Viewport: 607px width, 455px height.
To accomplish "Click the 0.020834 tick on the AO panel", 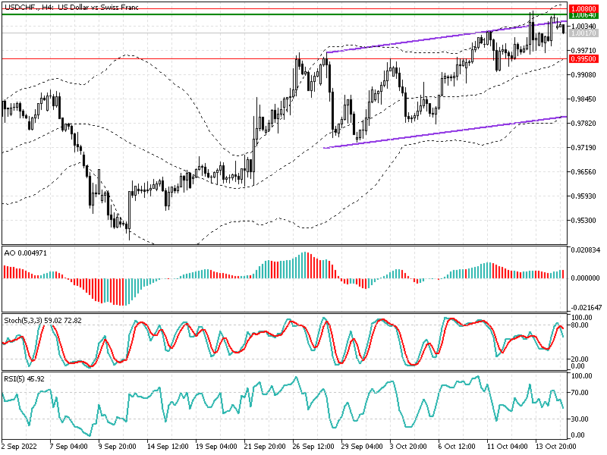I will click(587, 250).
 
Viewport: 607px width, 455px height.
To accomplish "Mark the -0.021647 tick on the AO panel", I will click(587, 307).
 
